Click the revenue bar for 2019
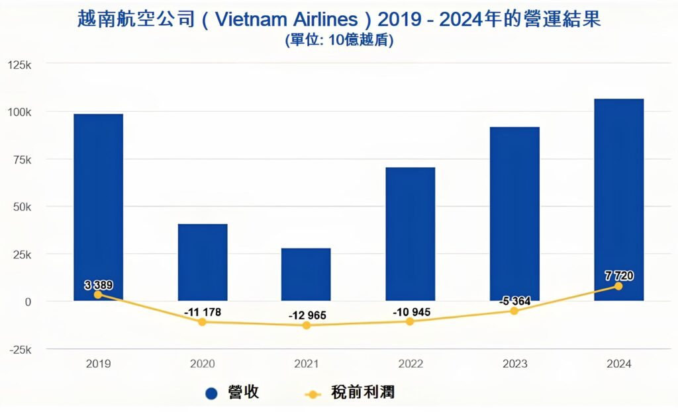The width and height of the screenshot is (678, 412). coord(98,198)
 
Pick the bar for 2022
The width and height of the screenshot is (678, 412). coord(411,231)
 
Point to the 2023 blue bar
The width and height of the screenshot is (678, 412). coord(514,212)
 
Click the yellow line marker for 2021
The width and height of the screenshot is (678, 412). coord(306,325)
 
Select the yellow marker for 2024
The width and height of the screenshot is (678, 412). coord(618,286)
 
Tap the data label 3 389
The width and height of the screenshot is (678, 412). coord(99,285)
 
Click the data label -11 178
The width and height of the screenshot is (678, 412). coord(203,312)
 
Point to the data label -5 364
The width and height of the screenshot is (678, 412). coord(514,301)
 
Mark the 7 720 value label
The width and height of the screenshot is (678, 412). coord(619,275)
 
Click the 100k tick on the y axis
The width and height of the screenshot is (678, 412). coord(19,112)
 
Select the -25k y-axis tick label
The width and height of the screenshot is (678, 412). coord(19,349)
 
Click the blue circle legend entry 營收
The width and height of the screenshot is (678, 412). coord(232,393)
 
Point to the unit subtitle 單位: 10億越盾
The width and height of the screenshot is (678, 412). coord(339,40)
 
